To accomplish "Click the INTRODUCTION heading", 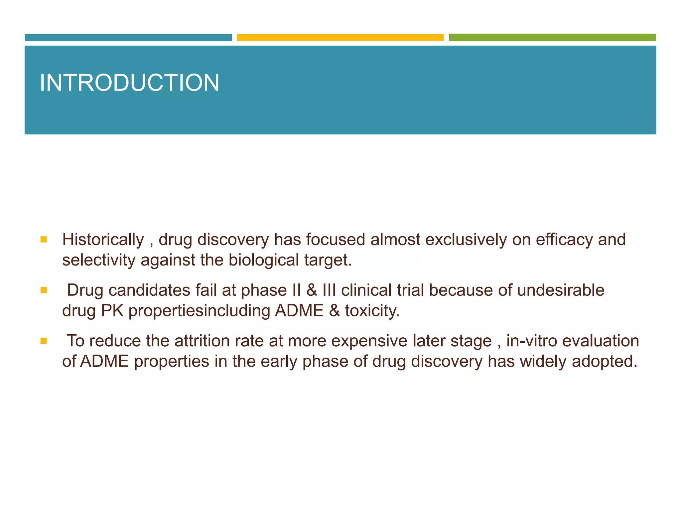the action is point(129,83).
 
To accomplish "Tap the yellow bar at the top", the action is point(340,37).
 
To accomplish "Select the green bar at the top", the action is point(552,37).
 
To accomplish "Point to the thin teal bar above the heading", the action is point(128,37).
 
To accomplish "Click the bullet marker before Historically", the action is point(44,240).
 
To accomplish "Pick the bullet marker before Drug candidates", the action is point(44,290).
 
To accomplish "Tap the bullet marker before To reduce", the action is point(44,341).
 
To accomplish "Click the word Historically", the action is point(103,240).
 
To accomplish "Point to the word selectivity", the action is point(98,260).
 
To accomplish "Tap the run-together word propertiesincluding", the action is point(199,311).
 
